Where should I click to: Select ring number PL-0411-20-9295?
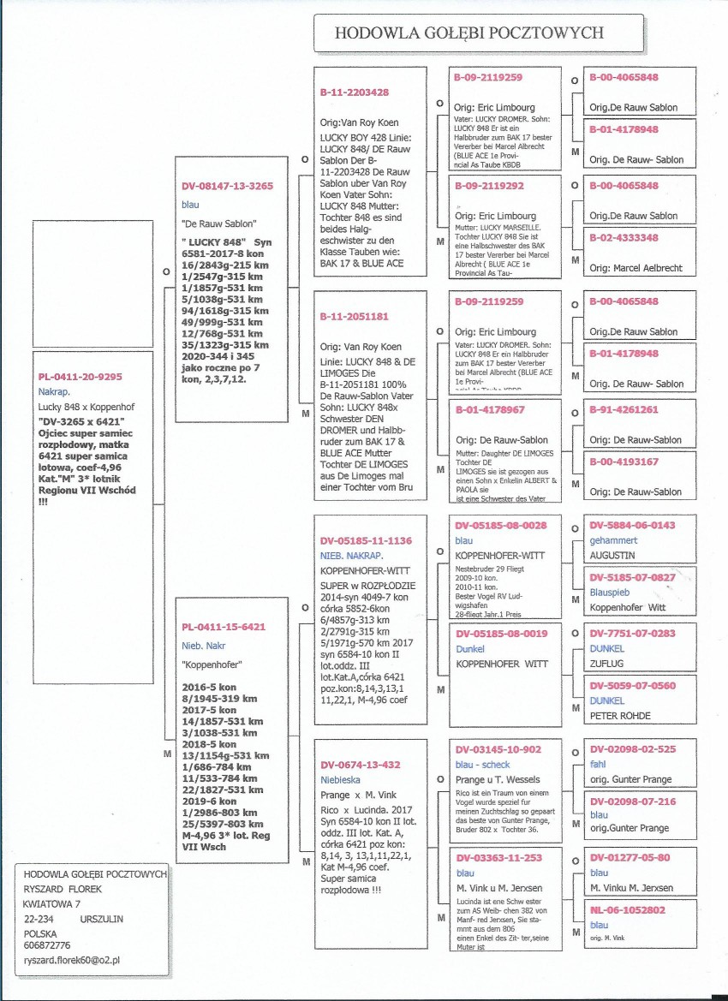click(80, 376)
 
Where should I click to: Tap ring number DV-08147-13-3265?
click(227, 186)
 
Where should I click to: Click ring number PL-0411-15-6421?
click(224, 627)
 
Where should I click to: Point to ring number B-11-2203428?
click(355, 92)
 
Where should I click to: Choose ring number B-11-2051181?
click(355, 316)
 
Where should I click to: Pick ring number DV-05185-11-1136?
click(366, 540)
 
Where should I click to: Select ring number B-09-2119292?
click(488, 185)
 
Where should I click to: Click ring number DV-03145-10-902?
click(498, 749)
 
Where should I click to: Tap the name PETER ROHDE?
click(620, 715)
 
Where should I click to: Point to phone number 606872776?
click(47, 945)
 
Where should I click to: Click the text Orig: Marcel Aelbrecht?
click(636, 268)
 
